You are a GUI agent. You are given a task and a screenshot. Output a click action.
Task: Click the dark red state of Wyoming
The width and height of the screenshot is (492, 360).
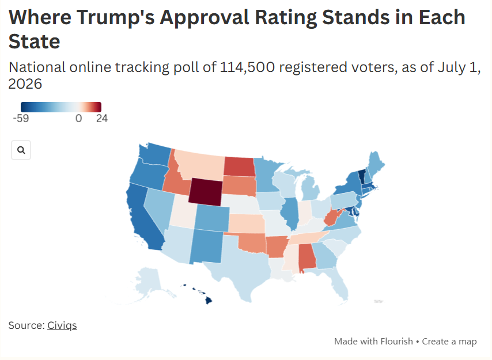(206, 192)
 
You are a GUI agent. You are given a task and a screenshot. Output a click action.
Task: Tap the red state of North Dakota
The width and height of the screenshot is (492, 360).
(240, 166)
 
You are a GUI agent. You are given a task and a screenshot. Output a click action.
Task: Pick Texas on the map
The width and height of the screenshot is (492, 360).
(239, 267)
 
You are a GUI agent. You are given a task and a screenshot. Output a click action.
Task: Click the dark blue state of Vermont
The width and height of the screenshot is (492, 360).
(362, 177)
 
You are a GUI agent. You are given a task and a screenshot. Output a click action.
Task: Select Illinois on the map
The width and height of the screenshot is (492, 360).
(292, 213)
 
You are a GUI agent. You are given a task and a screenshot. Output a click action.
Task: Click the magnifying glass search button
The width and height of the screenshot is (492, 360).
(21, 150)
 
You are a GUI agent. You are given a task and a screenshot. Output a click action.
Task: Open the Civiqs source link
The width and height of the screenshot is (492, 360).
(62, 325)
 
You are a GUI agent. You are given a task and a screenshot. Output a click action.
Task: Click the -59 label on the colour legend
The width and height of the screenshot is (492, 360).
(21, 118)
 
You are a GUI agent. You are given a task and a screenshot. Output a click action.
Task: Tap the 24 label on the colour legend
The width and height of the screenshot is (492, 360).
(102, 118)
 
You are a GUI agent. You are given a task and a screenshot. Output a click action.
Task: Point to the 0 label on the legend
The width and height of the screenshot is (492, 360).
(78, 118)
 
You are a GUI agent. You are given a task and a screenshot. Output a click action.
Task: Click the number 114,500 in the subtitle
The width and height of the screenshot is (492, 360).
(247, 67)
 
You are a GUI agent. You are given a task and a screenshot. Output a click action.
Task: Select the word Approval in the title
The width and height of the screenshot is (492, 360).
(205, 17)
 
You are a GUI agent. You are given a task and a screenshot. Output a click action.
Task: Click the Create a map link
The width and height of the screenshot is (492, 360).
(449, 341)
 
